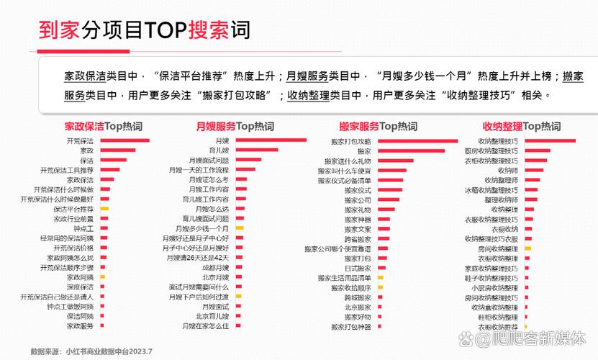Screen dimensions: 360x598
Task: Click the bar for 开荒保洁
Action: click(x=124, y=140)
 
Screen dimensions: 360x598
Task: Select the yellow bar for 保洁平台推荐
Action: click(x=104, y=208)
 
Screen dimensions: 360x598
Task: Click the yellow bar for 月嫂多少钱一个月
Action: click(x=239, y=228)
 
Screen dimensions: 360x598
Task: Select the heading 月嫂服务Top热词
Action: click(x=235, y=127)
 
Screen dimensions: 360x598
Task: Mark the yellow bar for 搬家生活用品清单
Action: click(x=379, y=277)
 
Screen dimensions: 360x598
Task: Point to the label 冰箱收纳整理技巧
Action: click(x=491, y=189)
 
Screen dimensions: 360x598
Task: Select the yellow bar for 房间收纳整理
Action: click(x=527, y=248)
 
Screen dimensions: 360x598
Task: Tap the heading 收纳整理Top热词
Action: click(x=521, y=127)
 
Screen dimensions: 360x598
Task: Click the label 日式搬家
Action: click(x=358, y=267)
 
